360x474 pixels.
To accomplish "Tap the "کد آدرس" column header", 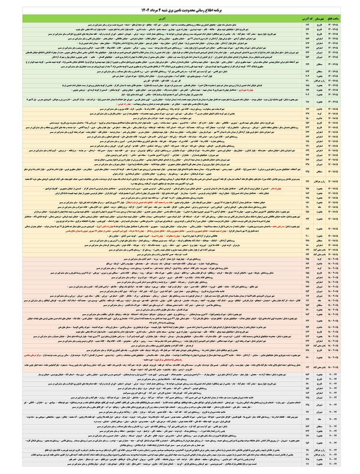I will click(306, 18).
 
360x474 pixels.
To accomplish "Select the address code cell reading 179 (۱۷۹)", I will click(306, 64).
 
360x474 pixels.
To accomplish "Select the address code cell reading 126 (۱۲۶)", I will click(306, 181).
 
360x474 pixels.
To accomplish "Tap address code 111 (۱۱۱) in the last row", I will click(306, 464).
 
